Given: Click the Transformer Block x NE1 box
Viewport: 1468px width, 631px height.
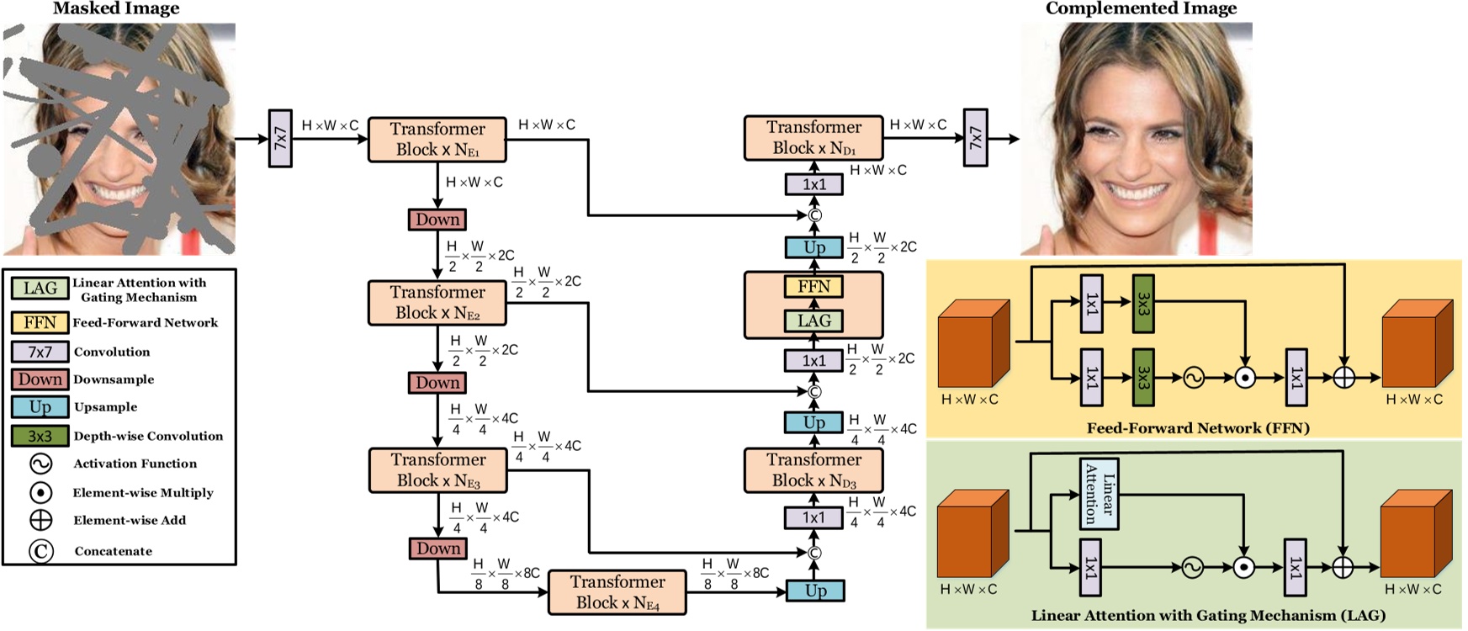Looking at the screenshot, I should pos(437,140).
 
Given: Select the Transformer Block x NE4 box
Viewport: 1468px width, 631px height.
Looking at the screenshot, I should pos(617,592).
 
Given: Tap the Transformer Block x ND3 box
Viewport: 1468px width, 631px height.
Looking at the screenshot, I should pos(813,470).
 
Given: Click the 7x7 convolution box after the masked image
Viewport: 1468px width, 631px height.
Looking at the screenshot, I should pos(280,138).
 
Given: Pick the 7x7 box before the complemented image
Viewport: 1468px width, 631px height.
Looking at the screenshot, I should pos(975,137).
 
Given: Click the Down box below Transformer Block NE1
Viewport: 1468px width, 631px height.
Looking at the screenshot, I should pos(437,220).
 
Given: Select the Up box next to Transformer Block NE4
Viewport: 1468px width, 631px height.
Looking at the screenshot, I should pos(814,591).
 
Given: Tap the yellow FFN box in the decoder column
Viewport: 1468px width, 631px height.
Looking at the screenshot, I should pos(813,287).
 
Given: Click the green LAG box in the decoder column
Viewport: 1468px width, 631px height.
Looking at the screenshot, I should pos(813,321).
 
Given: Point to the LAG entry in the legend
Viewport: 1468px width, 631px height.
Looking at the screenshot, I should pos(40,289).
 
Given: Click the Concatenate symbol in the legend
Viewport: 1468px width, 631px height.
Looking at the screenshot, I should pos(41,551).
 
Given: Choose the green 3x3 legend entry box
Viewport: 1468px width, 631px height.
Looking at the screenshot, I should pos(40,436).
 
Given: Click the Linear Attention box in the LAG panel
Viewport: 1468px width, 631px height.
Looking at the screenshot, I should pos(1100,494).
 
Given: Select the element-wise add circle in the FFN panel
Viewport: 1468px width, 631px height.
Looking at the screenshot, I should pos(1343,378).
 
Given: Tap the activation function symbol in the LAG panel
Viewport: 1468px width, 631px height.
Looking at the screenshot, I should pos(1192,568).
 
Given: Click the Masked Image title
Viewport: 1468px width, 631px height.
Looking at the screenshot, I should pos(116,9).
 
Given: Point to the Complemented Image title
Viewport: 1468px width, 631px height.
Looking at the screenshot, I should pos(1141,9).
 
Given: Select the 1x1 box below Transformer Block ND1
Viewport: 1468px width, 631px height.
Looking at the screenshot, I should pos(813,184).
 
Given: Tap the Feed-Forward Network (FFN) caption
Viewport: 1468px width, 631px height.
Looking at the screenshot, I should pos(1198,428).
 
